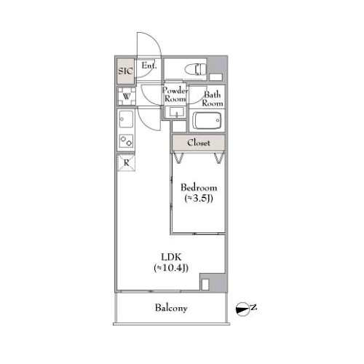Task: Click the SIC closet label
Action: click(x=125, y=71)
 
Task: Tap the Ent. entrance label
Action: click(x=149, y=66)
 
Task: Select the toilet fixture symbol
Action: click(x=195, y=69)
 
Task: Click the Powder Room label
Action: click(x=175, y=95)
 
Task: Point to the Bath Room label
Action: click(x=213, y=99)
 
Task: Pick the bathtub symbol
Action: click(x=207, y=121)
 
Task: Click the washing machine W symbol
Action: click(x=127, y=96)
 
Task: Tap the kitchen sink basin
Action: click(x=126, y=119)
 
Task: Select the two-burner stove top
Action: click(x=126, y=141)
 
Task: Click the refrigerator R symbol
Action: click(x=127, y=162)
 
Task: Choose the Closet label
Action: click(x=199, y=143)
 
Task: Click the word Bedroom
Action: click(x=199, y=188)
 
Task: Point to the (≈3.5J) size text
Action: click(x=199, y=199)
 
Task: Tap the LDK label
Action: click(x=171, y=257)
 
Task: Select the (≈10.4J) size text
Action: click(x=171, y=268)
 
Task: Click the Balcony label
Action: click(x=171, y=308)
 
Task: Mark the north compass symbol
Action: click(x=242, y=309)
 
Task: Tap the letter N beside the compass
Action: click(x=253, y=307)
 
